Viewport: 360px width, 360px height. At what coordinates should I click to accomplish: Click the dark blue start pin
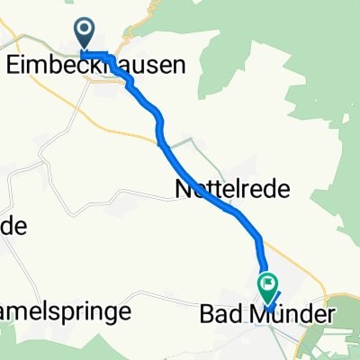pos(85,34)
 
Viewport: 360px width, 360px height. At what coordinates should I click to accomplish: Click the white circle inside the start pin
pos(85,30)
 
